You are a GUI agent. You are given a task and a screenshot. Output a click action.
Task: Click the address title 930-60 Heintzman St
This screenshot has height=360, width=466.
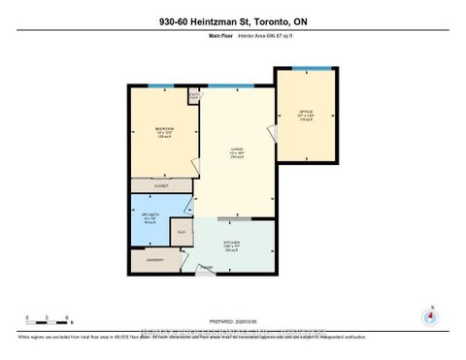(232, 21)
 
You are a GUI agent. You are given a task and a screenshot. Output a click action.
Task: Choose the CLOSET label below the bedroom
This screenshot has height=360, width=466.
(160, 184)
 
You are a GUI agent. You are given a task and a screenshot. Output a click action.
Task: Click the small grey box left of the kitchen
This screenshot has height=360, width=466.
(182, 233)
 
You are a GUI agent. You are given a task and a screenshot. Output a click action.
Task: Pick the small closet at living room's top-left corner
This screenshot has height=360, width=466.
(194, 96)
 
